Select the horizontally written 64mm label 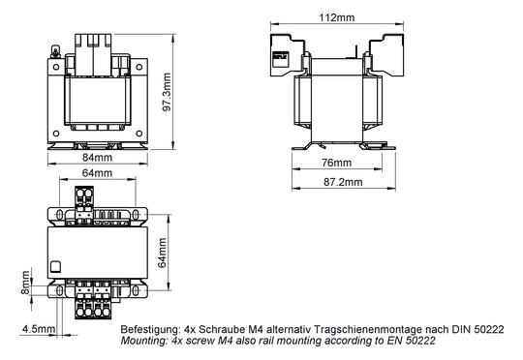pos(96,173)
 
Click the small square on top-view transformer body pos(56,267)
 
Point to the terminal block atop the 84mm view pos(96,46)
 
